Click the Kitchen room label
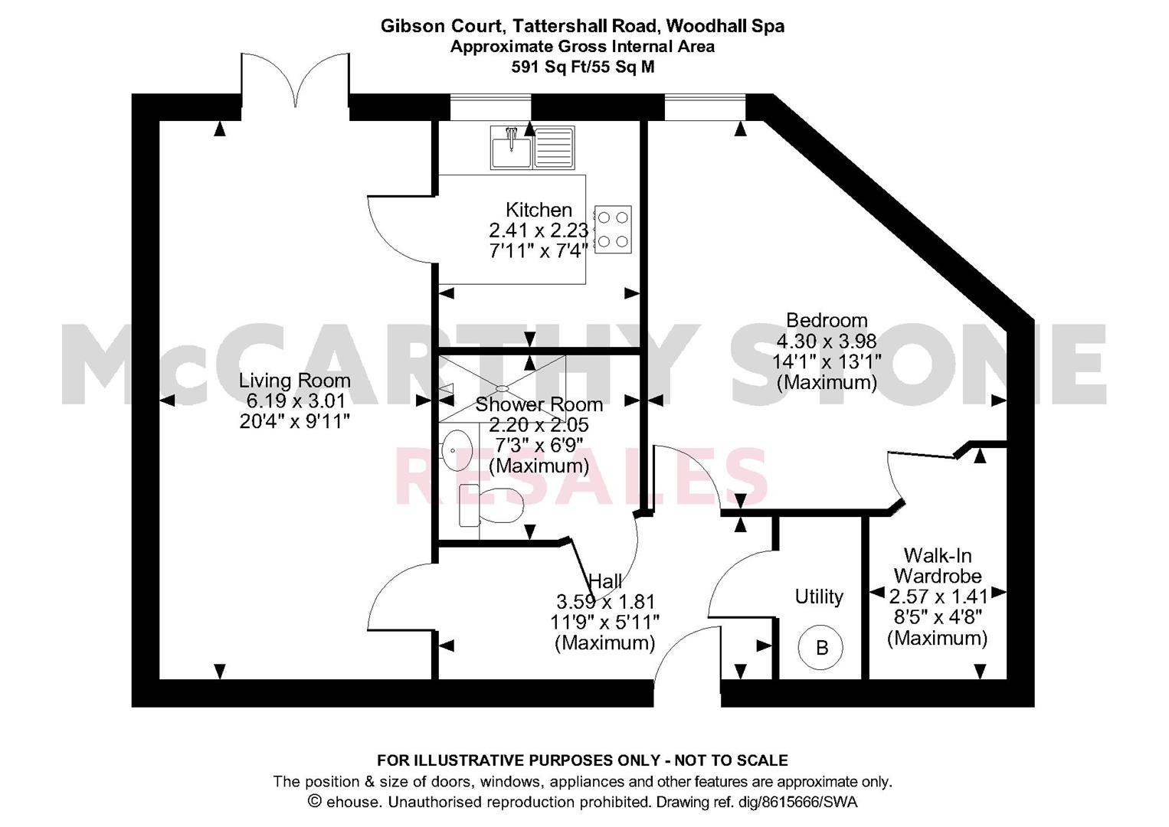pyautogui.click(x=539, y=210)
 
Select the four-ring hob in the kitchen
pyautogui.click(x=613, y=230)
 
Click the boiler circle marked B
pyautogui.click(x=821, y=648)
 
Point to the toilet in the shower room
pyautogui.click(x=489, y=505)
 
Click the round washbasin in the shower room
pyautogui.click(x=457, y=449)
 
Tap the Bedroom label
pyautogui.click(x=827, y=320)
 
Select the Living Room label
pyautogui.click(x=294, y=381)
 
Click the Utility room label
pyautogui.click(x=819, y=597)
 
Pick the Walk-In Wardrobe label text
pyautogui.click(x=938, y=565)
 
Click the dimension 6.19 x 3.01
pyautogui.click(x=296, y=400)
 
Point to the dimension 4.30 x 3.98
pyautogui.click(x=827, y=342)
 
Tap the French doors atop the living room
pyautogui.click(x=296, y=81)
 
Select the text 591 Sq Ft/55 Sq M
pyautogui.click(x=582, y=67)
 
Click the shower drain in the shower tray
pyautogui.click(x=502, y=388)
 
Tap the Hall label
pyautogui.click(x=605, y=580)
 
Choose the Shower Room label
pyautogui.click(x=539, y=404)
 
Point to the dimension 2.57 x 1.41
pyautogui.click(x=938, y=596)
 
